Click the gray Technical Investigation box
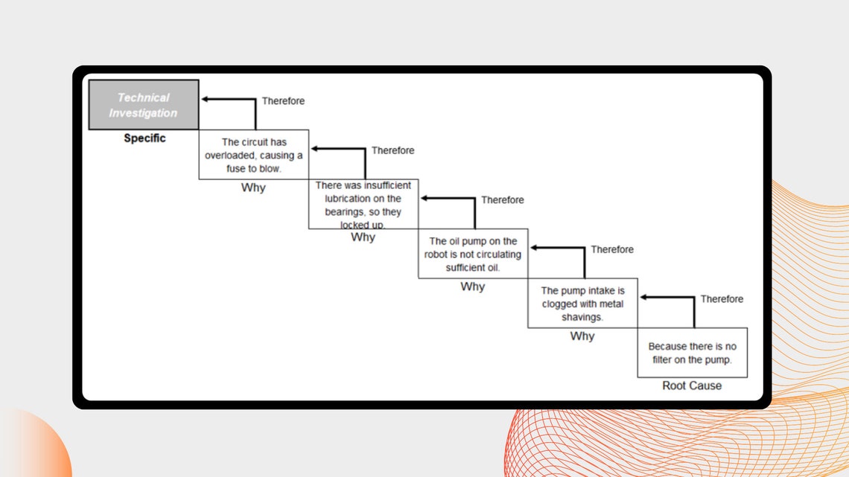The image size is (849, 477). (144, 105)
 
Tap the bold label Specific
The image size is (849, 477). (144, 138)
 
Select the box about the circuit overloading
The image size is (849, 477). (253, 155)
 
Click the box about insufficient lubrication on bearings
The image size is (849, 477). (363, 204)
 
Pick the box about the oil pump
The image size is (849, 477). (473, 254)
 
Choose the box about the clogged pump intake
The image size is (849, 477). (582, 303)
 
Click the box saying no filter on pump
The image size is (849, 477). (693, 353)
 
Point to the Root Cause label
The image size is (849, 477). (692, 385)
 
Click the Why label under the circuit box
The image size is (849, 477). (253, 188)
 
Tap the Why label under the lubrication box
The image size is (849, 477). (363, 237)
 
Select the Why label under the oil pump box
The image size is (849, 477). (473, 286)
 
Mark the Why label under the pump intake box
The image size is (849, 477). (582, 336)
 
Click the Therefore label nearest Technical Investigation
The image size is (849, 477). (283, 101)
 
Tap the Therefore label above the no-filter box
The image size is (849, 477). (722, 299)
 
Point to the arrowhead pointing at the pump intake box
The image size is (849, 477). (643, 297)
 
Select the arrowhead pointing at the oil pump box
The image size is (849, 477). (534, 248)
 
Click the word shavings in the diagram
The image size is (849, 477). (582, 318)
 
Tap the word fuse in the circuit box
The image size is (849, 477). (236, 169)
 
